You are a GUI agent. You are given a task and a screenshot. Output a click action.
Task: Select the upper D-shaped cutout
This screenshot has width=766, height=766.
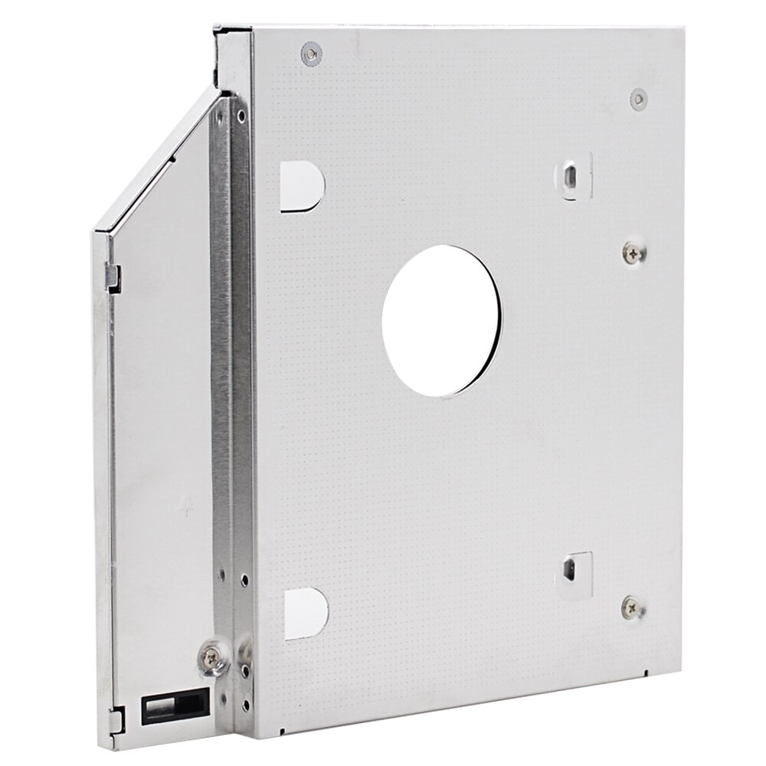tap(303, 185)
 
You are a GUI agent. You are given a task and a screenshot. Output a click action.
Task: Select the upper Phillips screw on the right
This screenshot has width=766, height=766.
tap(633, 250)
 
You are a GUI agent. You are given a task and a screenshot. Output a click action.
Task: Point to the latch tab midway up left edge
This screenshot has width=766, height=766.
tap(114, 273)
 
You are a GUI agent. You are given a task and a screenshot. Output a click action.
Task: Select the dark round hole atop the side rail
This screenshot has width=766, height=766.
tap(242, 117)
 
